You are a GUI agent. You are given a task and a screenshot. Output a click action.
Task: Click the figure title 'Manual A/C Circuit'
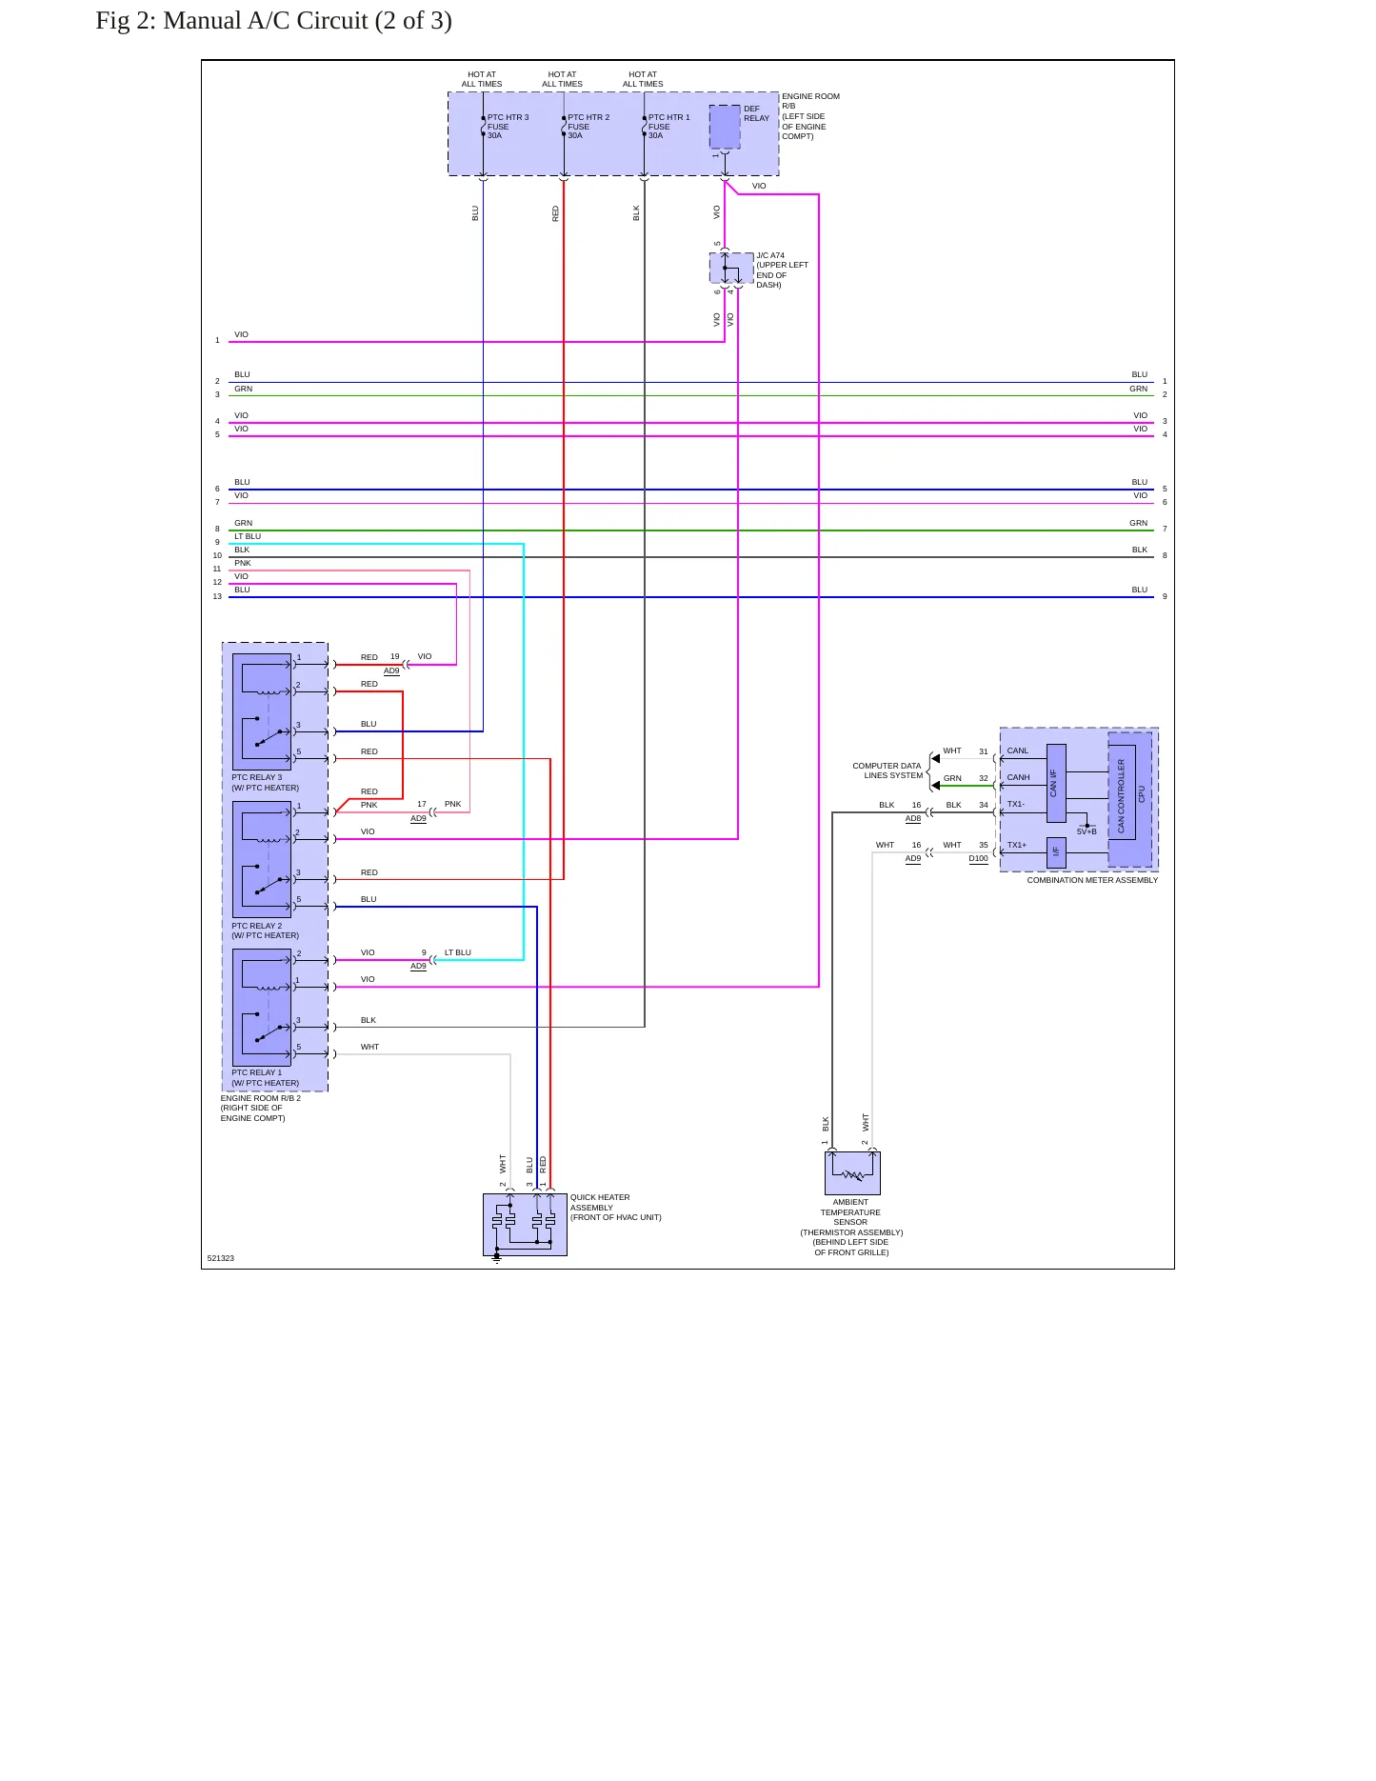[x=266, y=21]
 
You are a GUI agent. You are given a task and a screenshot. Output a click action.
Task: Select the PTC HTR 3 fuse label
[x=508, y=127]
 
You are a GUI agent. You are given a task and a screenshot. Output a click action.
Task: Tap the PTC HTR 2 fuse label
[x=588, y=127]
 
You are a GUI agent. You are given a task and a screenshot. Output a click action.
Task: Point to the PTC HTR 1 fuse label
[x=669, y=127]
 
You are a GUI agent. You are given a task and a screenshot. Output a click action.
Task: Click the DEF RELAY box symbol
[x=725, y=127]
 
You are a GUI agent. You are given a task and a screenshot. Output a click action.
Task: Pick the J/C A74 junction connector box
[x=731, y=269]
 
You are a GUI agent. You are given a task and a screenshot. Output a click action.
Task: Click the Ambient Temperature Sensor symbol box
[x=852, y=1173]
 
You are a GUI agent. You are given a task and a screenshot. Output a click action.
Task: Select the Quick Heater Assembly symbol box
[x=525, y=1224]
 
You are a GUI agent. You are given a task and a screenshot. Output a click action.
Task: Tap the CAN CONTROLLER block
[x=1122, y=796]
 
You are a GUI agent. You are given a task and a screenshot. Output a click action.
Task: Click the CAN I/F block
[x=1056, y=783]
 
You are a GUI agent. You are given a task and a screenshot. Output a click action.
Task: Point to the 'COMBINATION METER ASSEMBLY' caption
[x=1092, y=880]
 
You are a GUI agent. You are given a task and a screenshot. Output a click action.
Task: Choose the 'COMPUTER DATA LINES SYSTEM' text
[x=887, y=770]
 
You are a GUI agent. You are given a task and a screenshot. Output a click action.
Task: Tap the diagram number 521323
[x=220, y=1258]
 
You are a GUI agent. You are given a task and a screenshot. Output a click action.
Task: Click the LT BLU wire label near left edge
[x=248, y=536]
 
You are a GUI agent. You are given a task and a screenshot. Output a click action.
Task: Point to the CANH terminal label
[x=1019, y=777]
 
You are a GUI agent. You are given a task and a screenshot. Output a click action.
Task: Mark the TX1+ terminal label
[x=1017, y=845]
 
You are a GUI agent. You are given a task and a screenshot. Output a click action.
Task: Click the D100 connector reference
[x=979, y=858]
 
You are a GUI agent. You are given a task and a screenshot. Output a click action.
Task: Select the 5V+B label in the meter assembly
[x=1087, y=831]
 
